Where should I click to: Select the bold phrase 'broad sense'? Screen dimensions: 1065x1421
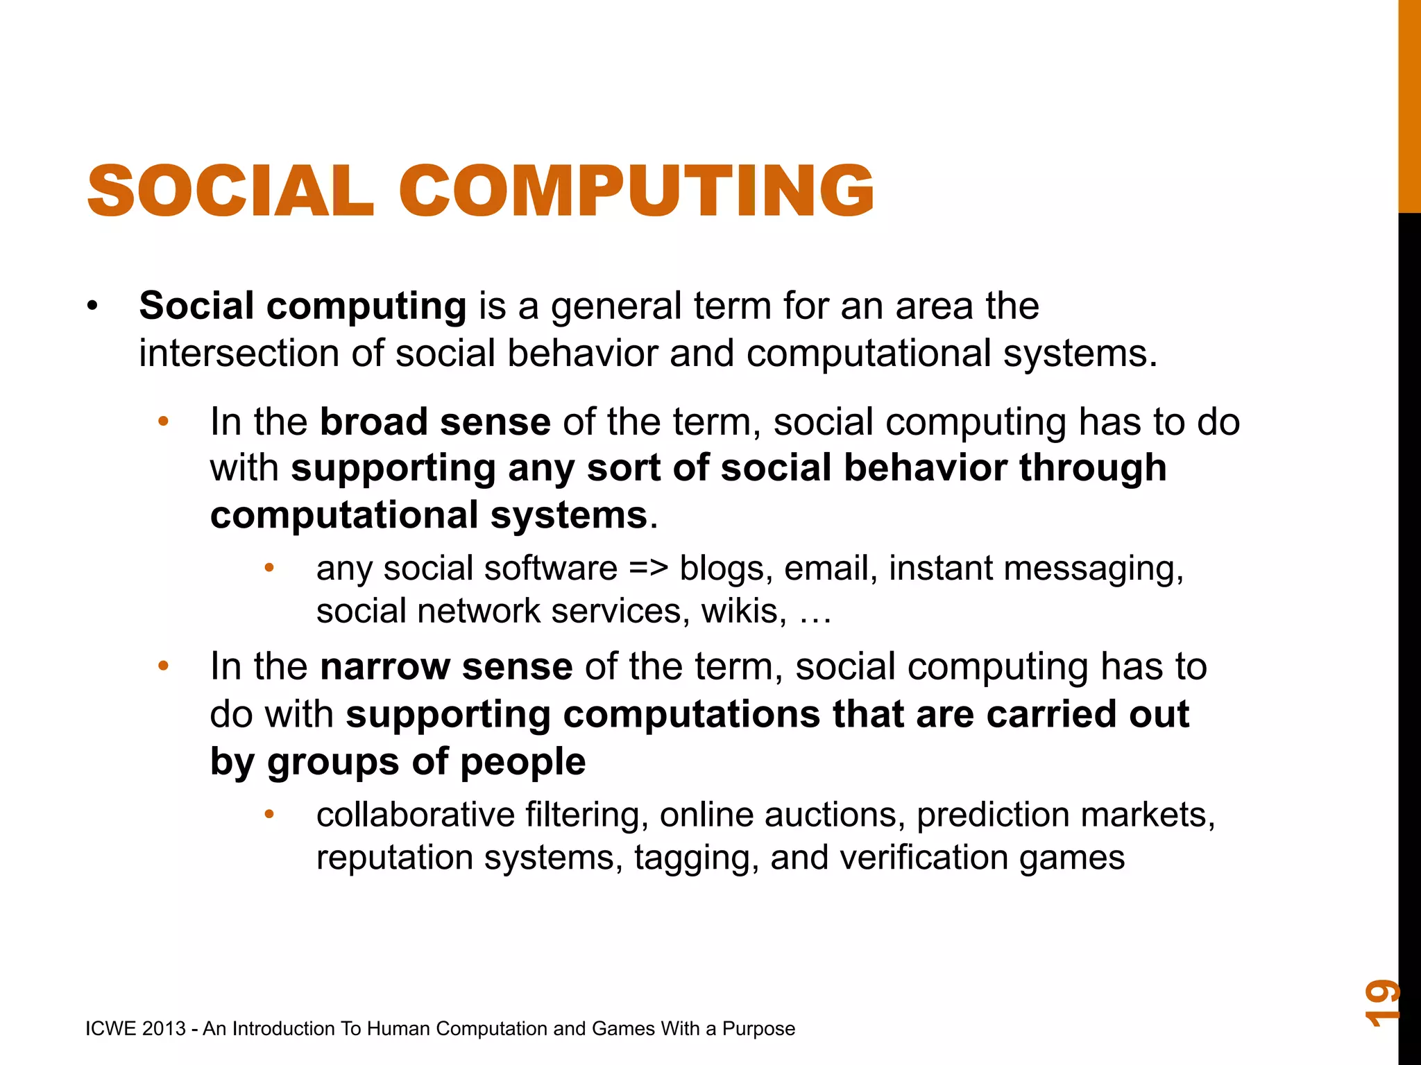[435, 422]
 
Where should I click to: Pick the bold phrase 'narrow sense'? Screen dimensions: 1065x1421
[446, 666]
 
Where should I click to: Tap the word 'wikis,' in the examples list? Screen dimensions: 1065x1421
[744, 611]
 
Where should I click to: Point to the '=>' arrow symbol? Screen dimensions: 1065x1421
[649, 568]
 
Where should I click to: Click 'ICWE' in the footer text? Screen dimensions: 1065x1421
[110, 1028]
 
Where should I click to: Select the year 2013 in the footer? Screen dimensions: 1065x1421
[164, 1028]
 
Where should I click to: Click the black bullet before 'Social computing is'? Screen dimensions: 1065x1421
[93, 306]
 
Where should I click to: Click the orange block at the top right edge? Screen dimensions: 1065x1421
[1409, 104]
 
